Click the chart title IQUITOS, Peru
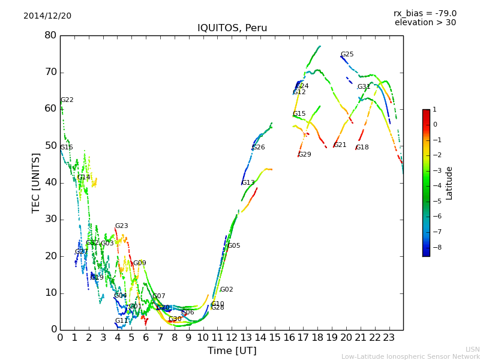232,28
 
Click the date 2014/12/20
47,16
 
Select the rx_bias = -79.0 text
425,13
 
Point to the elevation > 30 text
425,23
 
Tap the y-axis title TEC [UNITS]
36,182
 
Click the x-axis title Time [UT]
232,350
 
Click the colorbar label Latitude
449,183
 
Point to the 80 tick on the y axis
50,35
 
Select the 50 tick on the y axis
50,146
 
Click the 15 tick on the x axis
275,338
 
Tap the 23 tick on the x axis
389,338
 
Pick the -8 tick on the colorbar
435,247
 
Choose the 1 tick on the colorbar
434,110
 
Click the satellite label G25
347,55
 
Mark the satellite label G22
67,100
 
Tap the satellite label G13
248,183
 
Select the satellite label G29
305,155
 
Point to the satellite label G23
122,226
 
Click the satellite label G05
233,246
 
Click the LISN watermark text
472,349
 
